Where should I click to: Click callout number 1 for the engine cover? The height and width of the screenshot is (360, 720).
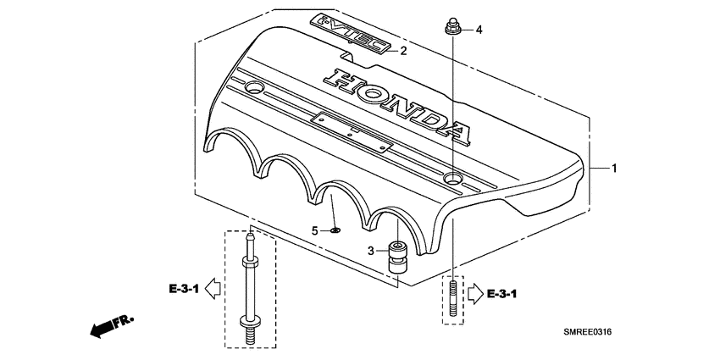pos(614,169)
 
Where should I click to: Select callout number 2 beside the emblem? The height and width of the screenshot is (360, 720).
pos(403,51)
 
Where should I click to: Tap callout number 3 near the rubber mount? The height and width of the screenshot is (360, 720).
pos(371,251)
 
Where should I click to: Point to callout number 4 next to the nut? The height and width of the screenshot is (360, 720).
pos(479,30)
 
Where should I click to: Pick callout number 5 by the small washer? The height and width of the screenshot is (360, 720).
pos(314,230)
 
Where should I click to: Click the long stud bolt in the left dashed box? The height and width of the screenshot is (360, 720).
pos(252,288)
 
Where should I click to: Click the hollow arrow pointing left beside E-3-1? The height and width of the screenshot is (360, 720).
pos(213,289)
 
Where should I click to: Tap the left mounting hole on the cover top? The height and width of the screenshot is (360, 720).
pos(255,88)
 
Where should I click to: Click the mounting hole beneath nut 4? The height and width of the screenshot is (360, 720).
pos(454,178)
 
